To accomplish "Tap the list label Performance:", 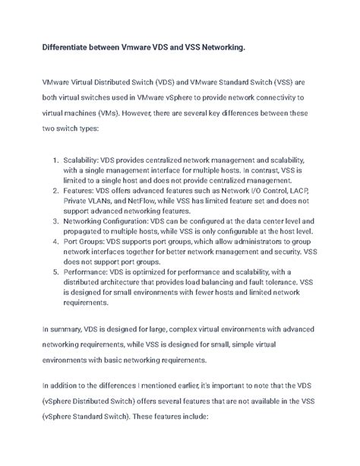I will [87, 271].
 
